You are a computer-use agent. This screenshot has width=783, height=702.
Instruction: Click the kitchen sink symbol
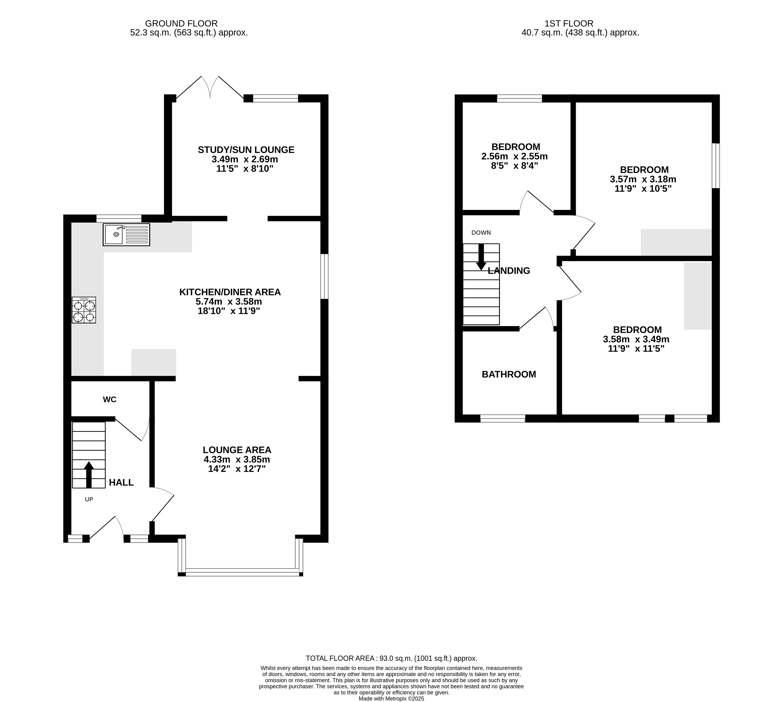[x=126, y=234]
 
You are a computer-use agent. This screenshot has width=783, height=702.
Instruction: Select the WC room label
[x=110, y=400]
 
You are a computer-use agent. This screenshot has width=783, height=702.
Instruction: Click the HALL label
[x=121, y=482]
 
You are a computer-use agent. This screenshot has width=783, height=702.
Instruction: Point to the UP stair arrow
[x=89, y=474]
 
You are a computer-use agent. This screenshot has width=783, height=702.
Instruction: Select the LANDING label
[x=509, y=271]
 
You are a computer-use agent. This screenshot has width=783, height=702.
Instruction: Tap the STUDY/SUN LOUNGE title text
[x=246, y=150]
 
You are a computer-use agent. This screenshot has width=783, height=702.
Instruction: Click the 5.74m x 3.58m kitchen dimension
[x=229, y=302]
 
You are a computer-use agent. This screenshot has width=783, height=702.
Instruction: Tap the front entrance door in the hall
[x=106, y=527]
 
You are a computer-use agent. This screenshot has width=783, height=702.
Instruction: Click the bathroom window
[x=503, y=418]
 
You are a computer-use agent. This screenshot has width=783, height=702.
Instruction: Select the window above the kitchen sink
[x=119, y=218]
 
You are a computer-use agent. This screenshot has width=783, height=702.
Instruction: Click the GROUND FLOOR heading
[x=182, y=23]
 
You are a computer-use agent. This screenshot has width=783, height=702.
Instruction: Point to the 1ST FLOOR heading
[x=569, y=23]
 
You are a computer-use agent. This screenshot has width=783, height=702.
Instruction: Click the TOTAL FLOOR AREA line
[x=392, y=659]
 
